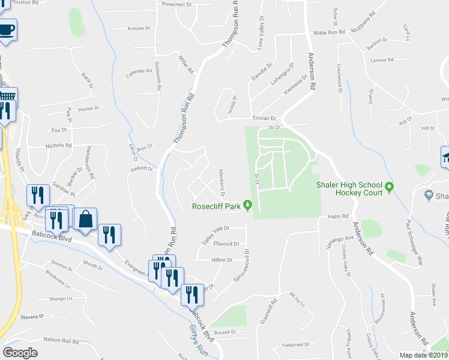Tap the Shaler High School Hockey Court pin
tap(388, 188)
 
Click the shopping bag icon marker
tap(86, 220)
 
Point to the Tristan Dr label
tap(264, 119)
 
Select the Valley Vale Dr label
tap(216, 233)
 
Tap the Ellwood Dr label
tap(227, 244)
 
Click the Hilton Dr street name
tap(221, 260)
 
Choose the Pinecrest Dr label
tap(176, 4)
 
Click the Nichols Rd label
tap(58, 145)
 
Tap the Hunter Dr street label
tap(88, 109)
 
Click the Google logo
tap(20, 353)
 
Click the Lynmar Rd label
tap(382, 60)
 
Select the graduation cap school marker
tap(445, 158)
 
